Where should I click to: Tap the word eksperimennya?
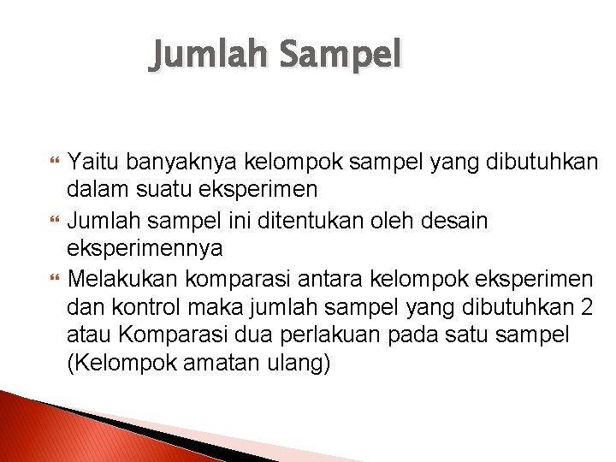145,248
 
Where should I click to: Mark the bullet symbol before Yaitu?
57,160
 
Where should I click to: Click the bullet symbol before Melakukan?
57,278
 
